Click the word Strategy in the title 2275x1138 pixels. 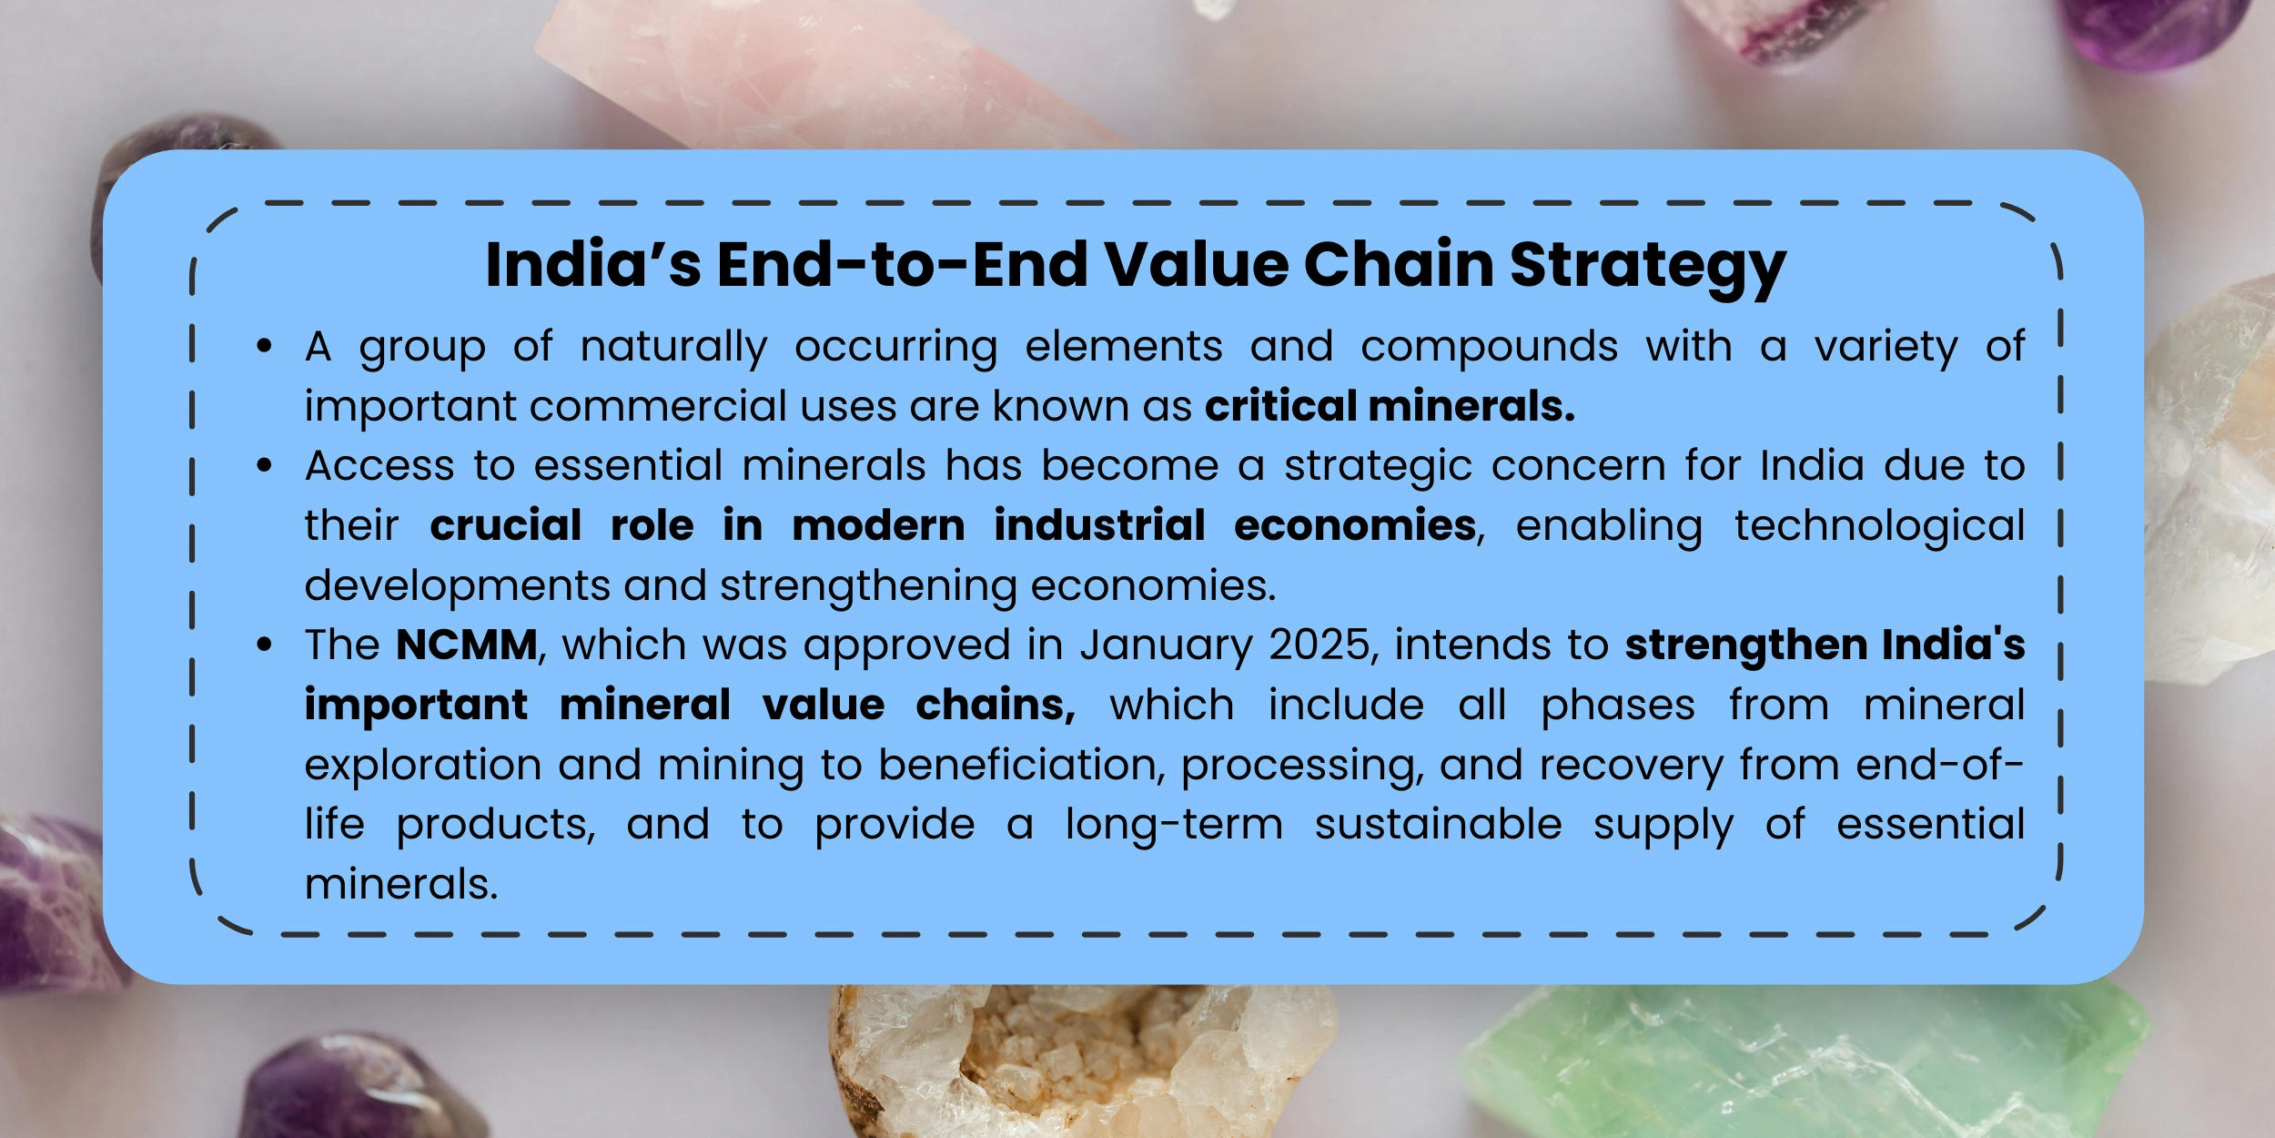click(x=1648, y=266)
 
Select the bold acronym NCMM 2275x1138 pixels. click(x=467, y=645)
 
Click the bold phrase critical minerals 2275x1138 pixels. click(x=1390, y=406)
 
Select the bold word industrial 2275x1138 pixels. click(x=1099, y=525)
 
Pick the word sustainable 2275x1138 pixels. click(x=1438, y=825)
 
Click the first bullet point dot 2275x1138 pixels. click(x=265, y=346)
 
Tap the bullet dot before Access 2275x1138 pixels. click(x=265, y=466)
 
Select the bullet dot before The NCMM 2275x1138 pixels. click(x=265, y=645)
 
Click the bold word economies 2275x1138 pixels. click(x=1355, y=525)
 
